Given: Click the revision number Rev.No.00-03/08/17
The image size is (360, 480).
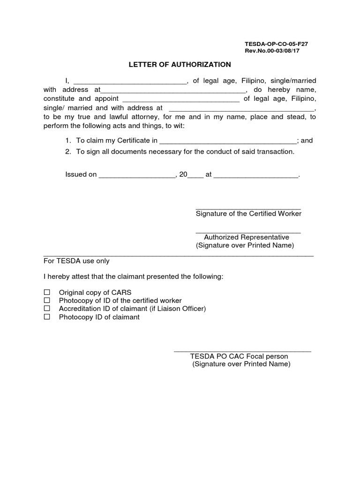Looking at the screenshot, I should click(272, 51).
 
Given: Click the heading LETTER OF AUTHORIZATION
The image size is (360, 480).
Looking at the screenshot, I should click(180, 64).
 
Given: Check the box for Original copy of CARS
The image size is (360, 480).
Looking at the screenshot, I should click(47, 292).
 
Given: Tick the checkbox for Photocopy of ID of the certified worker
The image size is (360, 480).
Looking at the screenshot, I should click(47, 300).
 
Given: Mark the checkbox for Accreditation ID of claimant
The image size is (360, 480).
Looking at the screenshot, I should click(47, 308).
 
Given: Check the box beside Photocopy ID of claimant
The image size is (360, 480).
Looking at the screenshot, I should click(47, 317).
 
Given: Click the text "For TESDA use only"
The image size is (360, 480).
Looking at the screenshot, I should click(76, 261).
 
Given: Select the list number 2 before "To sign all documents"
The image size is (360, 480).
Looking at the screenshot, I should click(67, 151).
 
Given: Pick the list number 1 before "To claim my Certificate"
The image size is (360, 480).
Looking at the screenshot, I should click(67, 140).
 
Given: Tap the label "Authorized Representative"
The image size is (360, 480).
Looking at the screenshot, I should click(247, 237).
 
